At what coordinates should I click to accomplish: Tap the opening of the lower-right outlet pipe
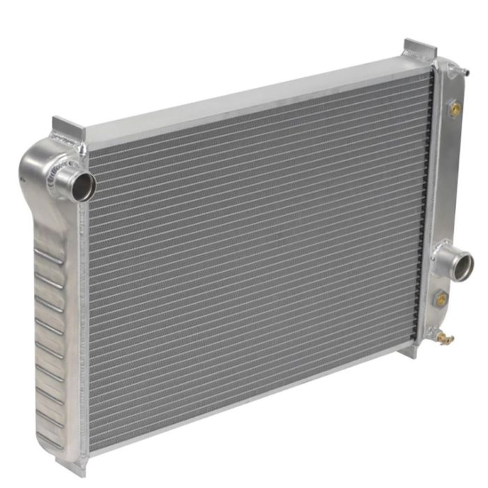(x=462, y=266)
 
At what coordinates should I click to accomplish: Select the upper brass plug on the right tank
(x=455, y=110)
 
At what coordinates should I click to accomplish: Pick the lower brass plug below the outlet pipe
(x=441, y=299)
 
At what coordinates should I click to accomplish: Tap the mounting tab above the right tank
(x=420, y=49)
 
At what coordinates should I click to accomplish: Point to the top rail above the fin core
(x=258, y=97)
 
